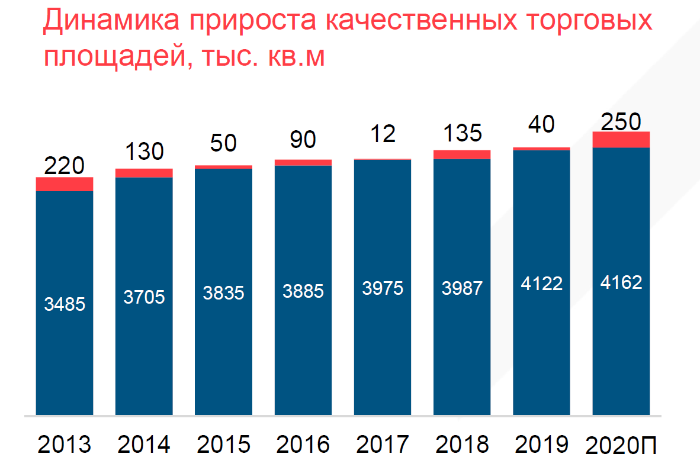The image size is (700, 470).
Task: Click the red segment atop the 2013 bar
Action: click(x=65, y=184)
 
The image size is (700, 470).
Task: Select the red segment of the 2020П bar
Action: click(x=621, y=140)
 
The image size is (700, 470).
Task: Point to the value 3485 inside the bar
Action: click(x=65, y=304)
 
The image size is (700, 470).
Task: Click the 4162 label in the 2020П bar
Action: click(x=621, y=282)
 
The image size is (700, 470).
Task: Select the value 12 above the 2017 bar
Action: click(x=382, y=134)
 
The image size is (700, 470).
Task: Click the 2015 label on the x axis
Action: click(x=224, y=444)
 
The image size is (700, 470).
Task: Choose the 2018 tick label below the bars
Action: click(x=462, y=444)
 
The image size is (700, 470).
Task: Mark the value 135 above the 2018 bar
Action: click(x=462, y=134)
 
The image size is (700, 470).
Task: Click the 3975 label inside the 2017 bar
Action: click(x=382, y=288)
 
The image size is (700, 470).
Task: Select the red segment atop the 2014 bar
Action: click(x=144, y=173)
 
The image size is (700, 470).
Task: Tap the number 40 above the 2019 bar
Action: click(x=541, y=125)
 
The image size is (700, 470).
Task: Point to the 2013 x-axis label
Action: click(x=65, y=444)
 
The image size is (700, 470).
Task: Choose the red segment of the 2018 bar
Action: click(x=462, y=154)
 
